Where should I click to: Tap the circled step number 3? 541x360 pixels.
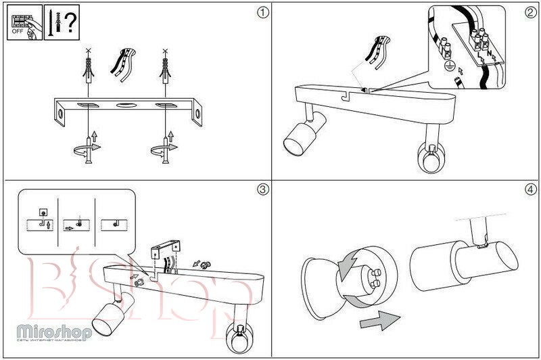click(262, 189)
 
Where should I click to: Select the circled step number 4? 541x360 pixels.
click(530, 189)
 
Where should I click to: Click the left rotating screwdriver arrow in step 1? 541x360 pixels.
click(88, 148)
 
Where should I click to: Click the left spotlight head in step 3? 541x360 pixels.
click(108, 318)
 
